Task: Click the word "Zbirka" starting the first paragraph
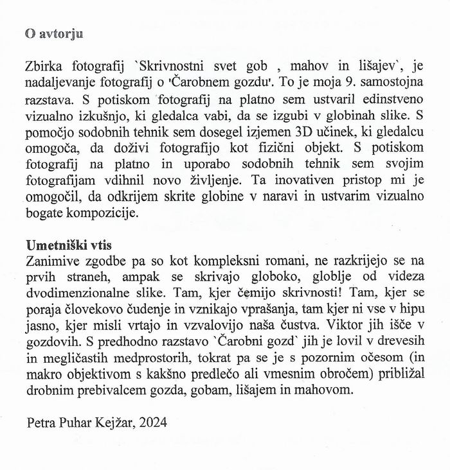(47, 66)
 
